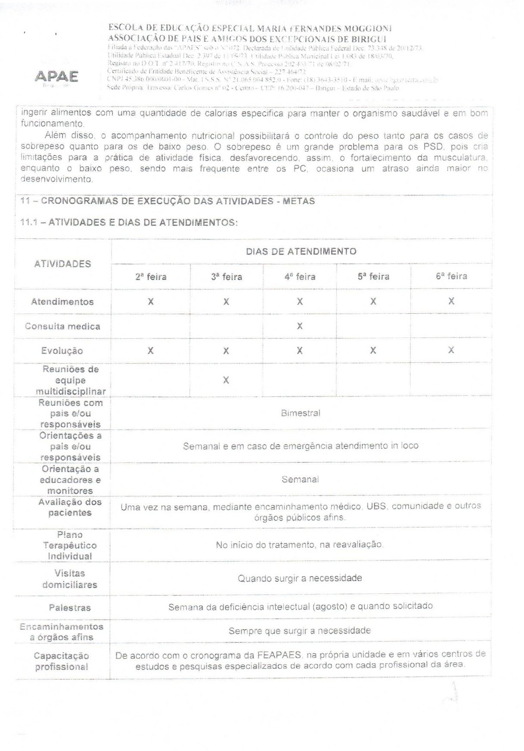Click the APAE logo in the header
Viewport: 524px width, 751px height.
[x=56, y=77]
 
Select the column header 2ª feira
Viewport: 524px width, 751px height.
[x=151, y=277]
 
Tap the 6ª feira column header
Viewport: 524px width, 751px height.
[x=451, y=276]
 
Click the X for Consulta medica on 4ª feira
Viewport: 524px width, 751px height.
[x=300, y=326]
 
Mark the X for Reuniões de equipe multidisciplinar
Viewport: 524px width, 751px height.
[x=226, y=380]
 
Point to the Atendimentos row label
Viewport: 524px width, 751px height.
[x=62, y=302]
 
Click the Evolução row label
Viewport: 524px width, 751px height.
[x=62, y=351]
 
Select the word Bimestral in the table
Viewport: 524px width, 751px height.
[x=301, y=413]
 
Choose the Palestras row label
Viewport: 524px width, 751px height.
[x=70, y=608]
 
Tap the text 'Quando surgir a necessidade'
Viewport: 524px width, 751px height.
[x=300, y=578]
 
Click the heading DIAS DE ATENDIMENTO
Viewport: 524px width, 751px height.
[x=301, y=252]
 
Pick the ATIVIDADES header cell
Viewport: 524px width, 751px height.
[x=62, y=264]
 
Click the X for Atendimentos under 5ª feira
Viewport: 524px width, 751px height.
[x=373, y=302]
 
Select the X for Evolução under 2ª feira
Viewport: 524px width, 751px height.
[x=150, y=351]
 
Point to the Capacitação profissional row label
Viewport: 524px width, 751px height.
[x=62, y=661]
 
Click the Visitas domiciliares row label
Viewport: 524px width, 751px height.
[x=70, y=579]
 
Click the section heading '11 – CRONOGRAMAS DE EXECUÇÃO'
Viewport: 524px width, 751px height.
[x=167, y=201]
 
